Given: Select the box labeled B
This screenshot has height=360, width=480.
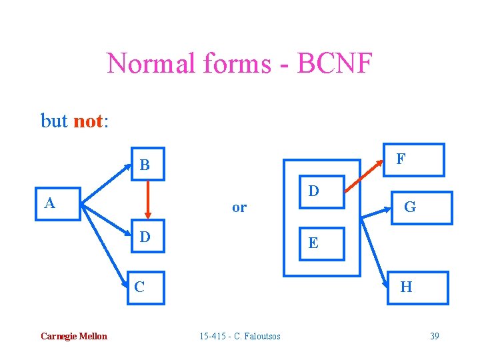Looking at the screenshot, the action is pos(145,165).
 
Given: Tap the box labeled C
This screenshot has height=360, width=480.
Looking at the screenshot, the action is pos(145,287).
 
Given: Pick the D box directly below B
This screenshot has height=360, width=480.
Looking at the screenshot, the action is pos(145,237).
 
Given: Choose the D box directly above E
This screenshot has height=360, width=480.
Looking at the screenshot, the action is pos(313,193).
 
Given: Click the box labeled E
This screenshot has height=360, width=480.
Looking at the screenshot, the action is pos(313,243).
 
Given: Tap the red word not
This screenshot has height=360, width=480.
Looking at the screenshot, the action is pos(87,121).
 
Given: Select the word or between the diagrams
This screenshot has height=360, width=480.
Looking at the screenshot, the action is pos(239,207).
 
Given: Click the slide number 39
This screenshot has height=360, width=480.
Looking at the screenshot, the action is pos(434,336).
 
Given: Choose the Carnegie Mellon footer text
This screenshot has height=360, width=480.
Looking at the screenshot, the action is pos(73,336).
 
